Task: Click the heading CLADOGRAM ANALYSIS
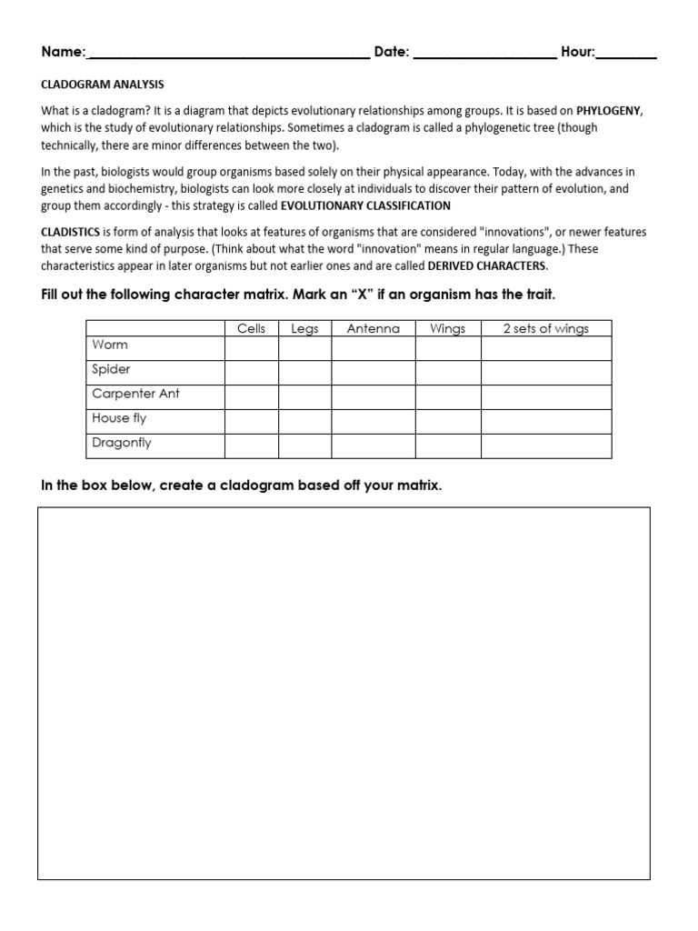(103, 85)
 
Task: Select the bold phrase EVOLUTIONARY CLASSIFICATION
(365, 205)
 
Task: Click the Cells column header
(252, 329)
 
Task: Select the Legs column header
(304, 329)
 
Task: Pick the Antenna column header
(373, 329)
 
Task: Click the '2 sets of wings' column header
(545, 329)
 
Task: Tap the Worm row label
(110, 345)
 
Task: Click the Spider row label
(111, 369)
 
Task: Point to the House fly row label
(119, 418)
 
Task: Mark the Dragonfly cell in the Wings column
(447, 445)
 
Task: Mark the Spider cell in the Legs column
(304, 372)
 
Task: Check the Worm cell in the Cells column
(252, 347)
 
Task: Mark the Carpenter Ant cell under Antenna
(373, 396)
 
